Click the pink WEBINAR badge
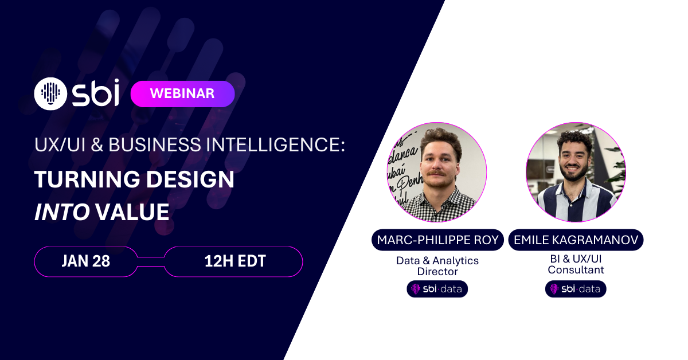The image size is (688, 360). pos(182,94)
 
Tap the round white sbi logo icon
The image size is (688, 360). pos(51,93)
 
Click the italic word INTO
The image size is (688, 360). pos(62,212)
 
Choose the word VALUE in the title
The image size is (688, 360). pos(132,212)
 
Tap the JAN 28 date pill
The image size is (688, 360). pos(85,261)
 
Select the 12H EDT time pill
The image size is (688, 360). pos(234,261)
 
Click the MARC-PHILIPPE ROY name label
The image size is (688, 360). pos(437,240)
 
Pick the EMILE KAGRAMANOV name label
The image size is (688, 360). pos(576,240)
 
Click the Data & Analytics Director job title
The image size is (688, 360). pos(437,266)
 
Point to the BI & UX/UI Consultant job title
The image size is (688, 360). pos(576,264)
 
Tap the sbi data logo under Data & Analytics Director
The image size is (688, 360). pos(437,289)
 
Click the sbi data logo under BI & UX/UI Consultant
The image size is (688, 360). pos(576,289)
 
